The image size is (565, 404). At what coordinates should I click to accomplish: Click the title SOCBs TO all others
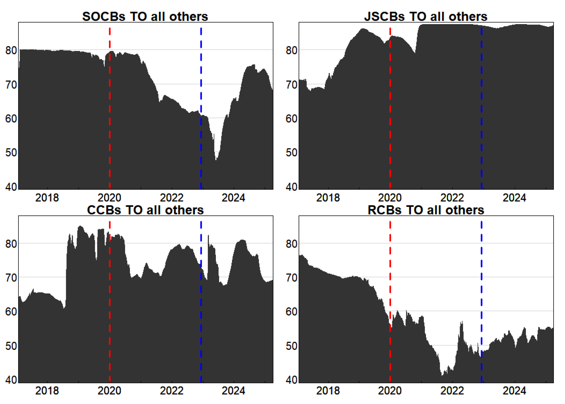tap(145, 16)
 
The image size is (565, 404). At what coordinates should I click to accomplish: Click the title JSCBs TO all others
tap(425, 16)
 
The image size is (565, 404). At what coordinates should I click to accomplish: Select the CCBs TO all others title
tap(145, 210)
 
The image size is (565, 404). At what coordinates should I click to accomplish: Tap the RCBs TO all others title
tap(426, 210)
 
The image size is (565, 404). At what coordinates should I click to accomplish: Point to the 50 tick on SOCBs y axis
tap(11, 152)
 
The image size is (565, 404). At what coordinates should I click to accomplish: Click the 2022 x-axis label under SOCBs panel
tap(172, 198)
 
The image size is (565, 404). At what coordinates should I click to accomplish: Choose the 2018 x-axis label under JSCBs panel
tap(328, 198)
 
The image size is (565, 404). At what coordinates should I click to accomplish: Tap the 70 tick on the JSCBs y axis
tap(291, 85)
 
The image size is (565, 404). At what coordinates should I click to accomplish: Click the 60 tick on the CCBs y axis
tap(11, 312)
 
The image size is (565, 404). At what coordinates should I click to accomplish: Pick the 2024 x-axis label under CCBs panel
tap(234, 391)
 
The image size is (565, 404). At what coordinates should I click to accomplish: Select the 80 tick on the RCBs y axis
tap(291, 244)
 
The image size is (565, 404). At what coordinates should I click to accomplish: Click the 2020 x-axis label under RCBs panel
tap(390, 391)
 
